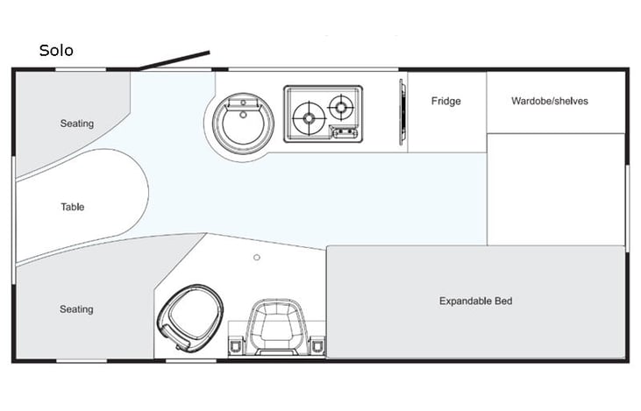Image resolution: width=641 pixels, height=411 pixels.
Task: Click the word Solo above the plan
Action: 56,51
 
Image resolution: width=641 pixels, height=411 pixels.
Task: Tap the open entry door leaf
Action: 174,60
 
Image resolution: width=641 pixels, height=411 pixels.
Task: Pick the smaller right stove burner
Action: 340,107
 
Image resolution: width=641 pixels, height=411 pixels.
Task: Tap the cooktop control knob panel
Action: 343,132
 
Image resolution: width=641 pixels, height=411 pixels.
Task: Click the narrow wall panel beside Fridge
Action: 402,110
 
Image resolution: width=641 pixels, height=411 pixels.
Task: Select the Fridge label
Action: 445,101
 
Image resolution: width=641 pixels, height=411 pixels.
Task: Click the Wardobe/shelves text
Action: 550,101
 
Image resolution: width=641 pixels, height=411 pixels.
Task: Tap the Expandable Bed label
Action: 475,301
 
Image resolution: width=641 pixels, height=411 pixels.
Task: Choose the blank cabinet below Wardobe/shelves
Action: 555,189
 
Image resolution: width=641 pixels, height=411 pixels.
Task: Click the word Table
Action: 73,208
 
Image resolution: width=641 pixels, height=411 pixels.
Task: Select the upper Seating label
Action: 76,124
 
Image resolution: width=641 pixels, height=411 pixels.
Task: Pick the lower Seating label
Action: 76,309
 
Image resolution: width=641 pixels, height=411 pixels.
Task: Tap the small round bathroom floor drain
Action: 257,258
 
